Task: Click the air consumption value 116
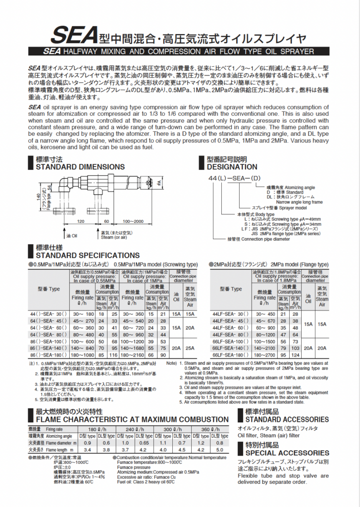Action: point(113,355)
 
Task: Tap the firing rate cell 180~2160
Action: point(132,355)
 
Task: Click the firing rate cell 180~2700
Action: point(264,355)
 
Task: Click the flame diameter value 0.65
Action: point(144,443)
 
